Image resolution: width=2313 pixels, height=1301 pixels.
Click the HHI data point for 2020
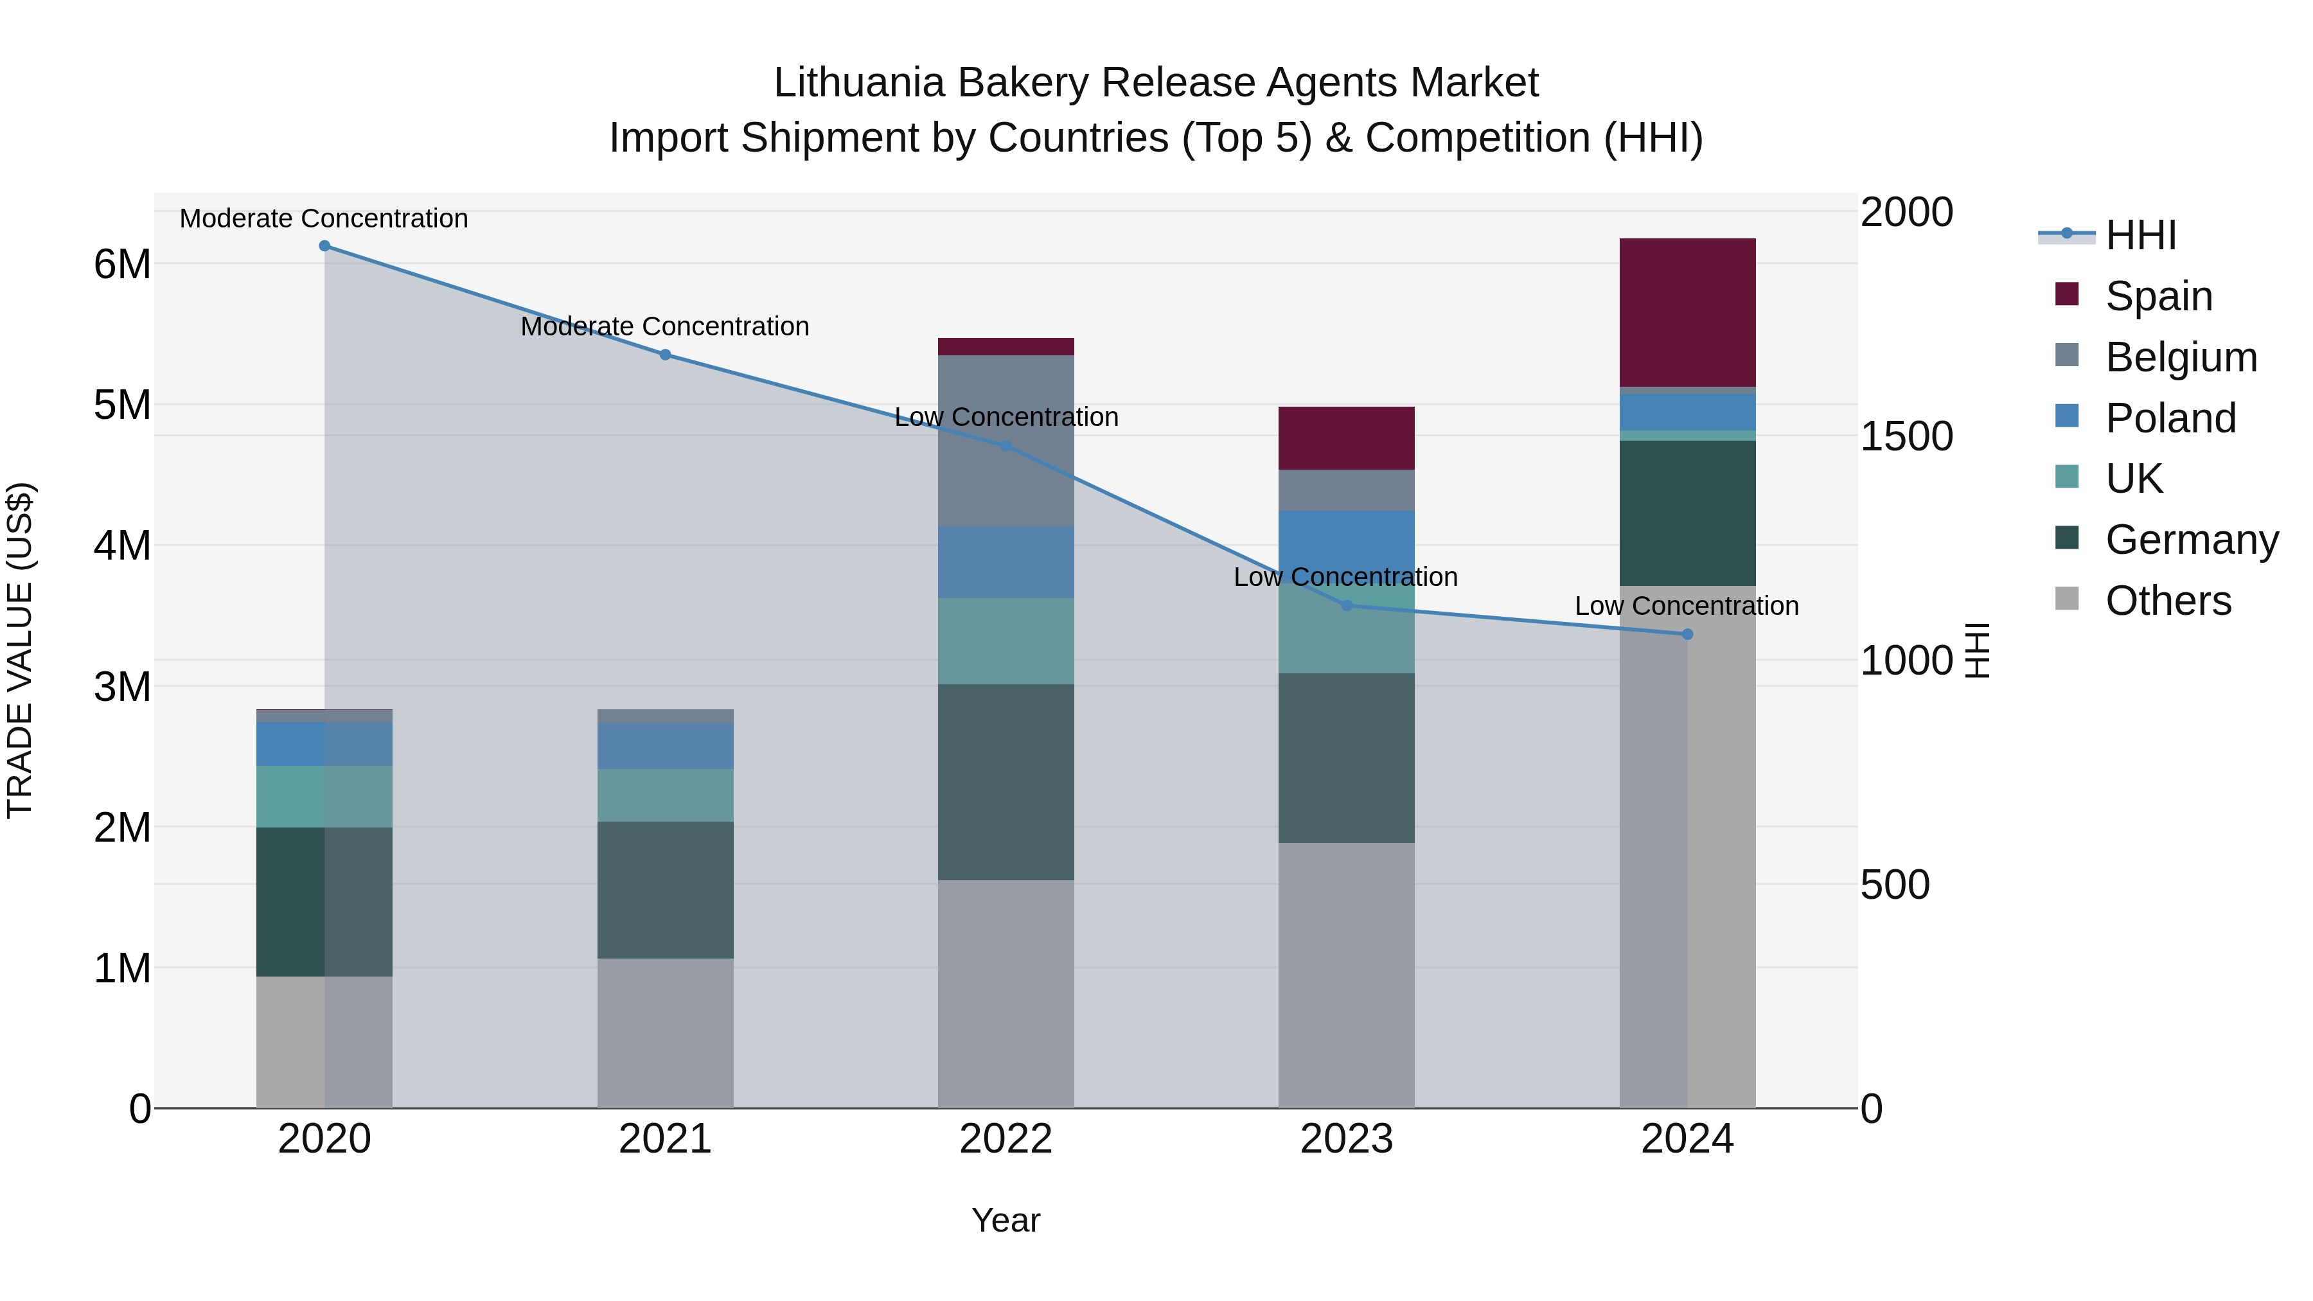coord(324,246)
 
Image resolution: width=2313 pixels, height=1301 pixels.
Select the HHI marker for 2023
coord(1346,606)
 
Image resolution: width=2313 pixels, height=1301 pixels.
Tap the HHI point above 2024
coord(1687,635)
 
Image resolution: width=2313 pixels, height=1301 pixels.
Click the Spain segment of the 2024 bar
coord(1687,312)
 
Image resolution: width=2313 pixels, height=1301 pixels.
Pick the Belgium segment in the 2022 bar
coord(1006,440)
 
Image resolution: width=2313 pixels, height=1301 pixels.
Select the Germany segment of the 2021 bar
coord(666,890)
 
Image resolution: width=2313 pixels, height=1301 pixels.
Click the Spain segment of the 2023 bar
coord(1346,438)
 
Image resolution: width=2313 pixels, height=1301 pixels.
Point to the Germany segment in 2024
coord(1687,513)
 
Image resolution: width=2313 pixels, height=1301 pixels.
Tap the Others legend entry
coord(2168,601)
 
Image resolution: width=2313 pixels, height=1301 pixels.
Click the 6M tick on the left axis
coord(122,264)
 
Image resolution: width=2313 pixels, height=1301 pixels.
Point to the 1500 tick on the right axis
coord(1906,436)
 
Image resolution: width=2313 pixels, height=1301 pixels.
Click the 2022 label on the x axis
coord(1006,1139)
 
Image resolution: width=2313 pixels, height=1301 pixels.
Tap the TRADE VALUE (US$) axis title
coord(20,650)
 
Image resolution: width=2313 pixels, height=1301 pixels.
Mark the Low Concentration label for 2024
coord(1687,606)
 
